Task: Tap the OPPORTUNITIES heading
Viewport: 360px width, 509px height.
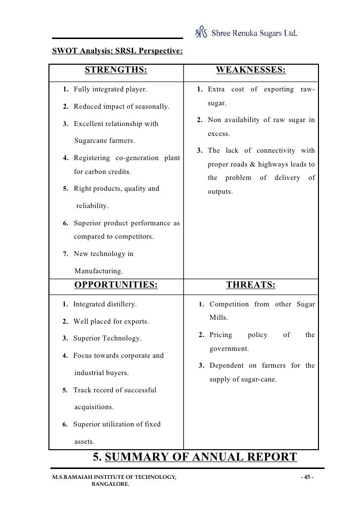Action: pos(116,285)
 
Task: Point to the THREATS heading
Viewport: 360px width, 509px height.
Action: pos(251,285)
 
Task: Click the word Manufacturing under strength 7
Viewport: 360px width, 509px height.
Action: pos(98,271)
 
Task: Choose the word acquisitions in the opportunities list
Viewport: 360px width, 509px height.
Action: pos(93,407)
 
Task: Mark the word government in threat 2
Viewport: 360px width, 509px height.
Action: pos(228,348)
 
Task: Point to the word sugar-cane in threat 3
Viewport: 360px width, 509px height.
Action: pos(259,380)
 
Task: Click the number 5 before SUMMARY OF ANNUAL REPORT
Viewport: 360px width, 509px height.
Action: pos(97,457)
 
